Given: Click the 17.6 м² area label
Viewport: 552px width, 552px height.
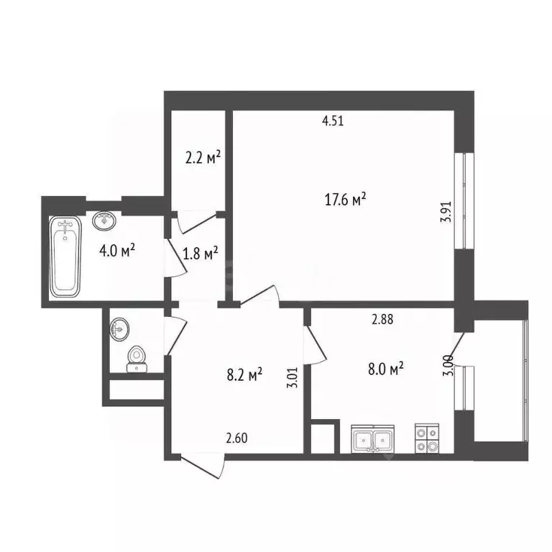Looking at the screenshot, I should [346, 200].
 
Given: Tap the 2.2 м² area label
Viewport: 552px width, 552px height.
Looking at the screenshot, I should [202, 157].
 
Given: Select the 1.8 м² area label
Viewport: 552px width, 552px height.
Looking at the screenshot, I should [201, 254].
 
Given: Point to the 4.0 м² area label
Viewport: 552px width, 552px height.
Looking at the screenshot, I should [119, 251].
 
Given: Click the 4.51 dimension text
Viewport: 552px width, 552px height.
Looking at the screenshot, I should [333, 121].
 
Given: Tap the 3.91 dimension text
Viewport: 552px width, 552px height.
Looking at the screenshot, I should [445, 213].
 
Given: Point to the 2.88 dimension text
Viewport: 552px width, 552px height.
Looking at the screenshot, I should [382, 321].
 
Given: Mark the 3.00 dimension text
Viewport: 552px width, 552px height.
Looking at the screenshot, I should [448, 366].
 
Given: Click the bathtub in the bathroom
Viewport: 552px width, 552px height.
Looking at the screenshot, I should [65, 256].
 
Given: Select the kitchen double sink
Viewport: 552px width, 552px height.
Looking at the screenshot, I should [372, 438].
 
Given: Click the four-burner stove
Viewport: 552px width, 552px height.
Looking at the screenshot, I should [425, 438].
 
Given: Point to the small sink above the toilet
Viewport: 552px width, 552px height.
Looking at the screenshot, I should [119, 330].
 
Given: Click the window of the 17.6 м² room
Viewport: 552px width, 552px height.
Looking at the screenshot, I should [465, 201].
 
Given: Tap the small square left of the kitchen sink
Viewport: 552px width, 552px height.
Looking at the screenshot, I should [323, 438].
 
